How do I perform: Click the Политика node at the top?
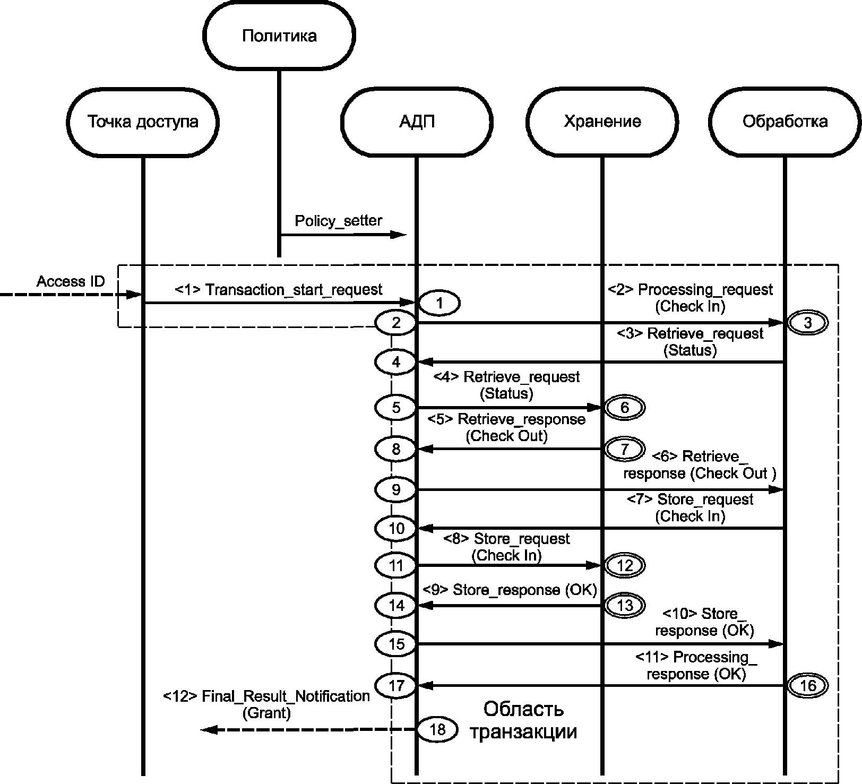pyautogui.click(x=280, y=35)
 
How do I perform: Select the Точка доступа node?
pyautogui.click(x=143, y=122)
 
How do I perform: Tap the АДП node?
pyautogui.click(x=417, y=122)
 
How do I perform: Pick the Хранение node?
pyautogui.click(x=602, y=122)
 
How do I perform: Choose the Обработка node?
pyautogui.click(x=785, y=122)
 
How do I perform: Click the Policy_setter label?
pyautogui.click(x=339, y=221)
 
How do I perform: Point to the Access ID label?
pyautogui.click(x=71, y=281)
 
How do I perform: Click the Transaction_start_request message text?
pyautogui.click(x=294, y=290)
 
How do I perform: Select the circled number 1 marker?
pyautogui.click(x=439, y=304)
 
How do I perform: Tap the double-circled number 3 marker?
pyautogui.click(x=807, y=323)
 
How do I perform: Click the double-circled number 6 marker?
pyautogui.click(x=624, y=408)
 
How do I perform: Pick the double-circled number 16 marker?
pyautogui.click(x=807, y=686)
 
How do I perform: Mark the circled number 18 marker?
pyautogui.click(x=437, y=729)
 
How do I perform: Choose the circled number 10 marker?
pyautogui.click(x=396, y=529)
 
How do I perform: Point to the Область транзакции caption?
pyautogui.click(x=523, y=720)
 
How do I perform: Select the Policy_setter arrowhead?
pyautogui.click(x=399, y=235)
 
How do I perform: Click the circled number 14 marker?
pyautogui.click(x=396, y=606)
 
